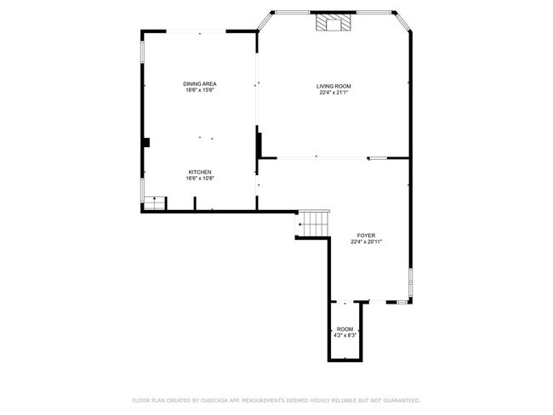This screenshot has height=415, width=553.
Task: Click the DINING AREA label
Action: click(x=200, y=84)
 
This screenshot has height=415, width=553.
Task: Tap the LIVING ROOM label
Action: click(x=334, y=87)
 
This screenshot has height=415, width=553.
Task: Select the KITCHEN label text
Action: click(x=200, y=172)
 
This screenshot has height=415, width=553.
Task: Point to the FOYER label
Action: click(x=366, y=236)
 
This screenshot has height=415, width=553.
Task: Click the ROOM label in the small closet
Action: click(x=345, y=329)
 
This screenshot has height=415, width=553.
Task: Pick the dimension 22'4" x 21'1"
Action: click(x=334, y=93)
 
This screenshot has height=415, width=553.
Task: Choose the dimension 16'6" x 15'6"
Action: click(x=200, y=90)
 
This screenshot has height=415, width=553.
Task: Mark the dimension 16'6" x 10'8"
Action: click(x=200, y=179)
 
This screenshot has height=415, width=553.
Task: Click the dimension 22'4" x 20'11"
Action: click(x=367, y=242)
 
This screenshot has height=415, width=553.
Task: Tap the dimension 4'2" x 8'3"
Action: click(x=345, y=336)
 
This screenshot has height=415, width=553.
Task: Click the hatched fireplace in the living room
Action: click(x=334, y=22)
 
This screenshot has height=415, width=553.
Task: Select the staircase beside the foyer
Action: click(x=314, y=224)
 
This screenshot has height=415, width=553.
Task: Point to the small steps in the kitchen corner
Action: click(x=155, y=203)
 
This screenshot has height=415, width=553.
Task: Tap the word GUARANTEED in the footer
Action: click(x=402, y=401)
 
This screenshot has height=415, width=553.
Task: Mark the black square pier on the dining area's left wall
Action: click(x=146, y=143)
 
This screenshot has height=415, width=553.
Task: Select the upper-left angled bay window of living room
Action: click(x=265, y=21)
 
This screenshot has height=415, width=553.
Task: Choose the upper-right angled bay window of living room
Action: click(x=403, y=21)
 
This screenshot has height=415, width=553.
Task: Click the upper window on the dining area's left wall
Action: click(x=142, y=52)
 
